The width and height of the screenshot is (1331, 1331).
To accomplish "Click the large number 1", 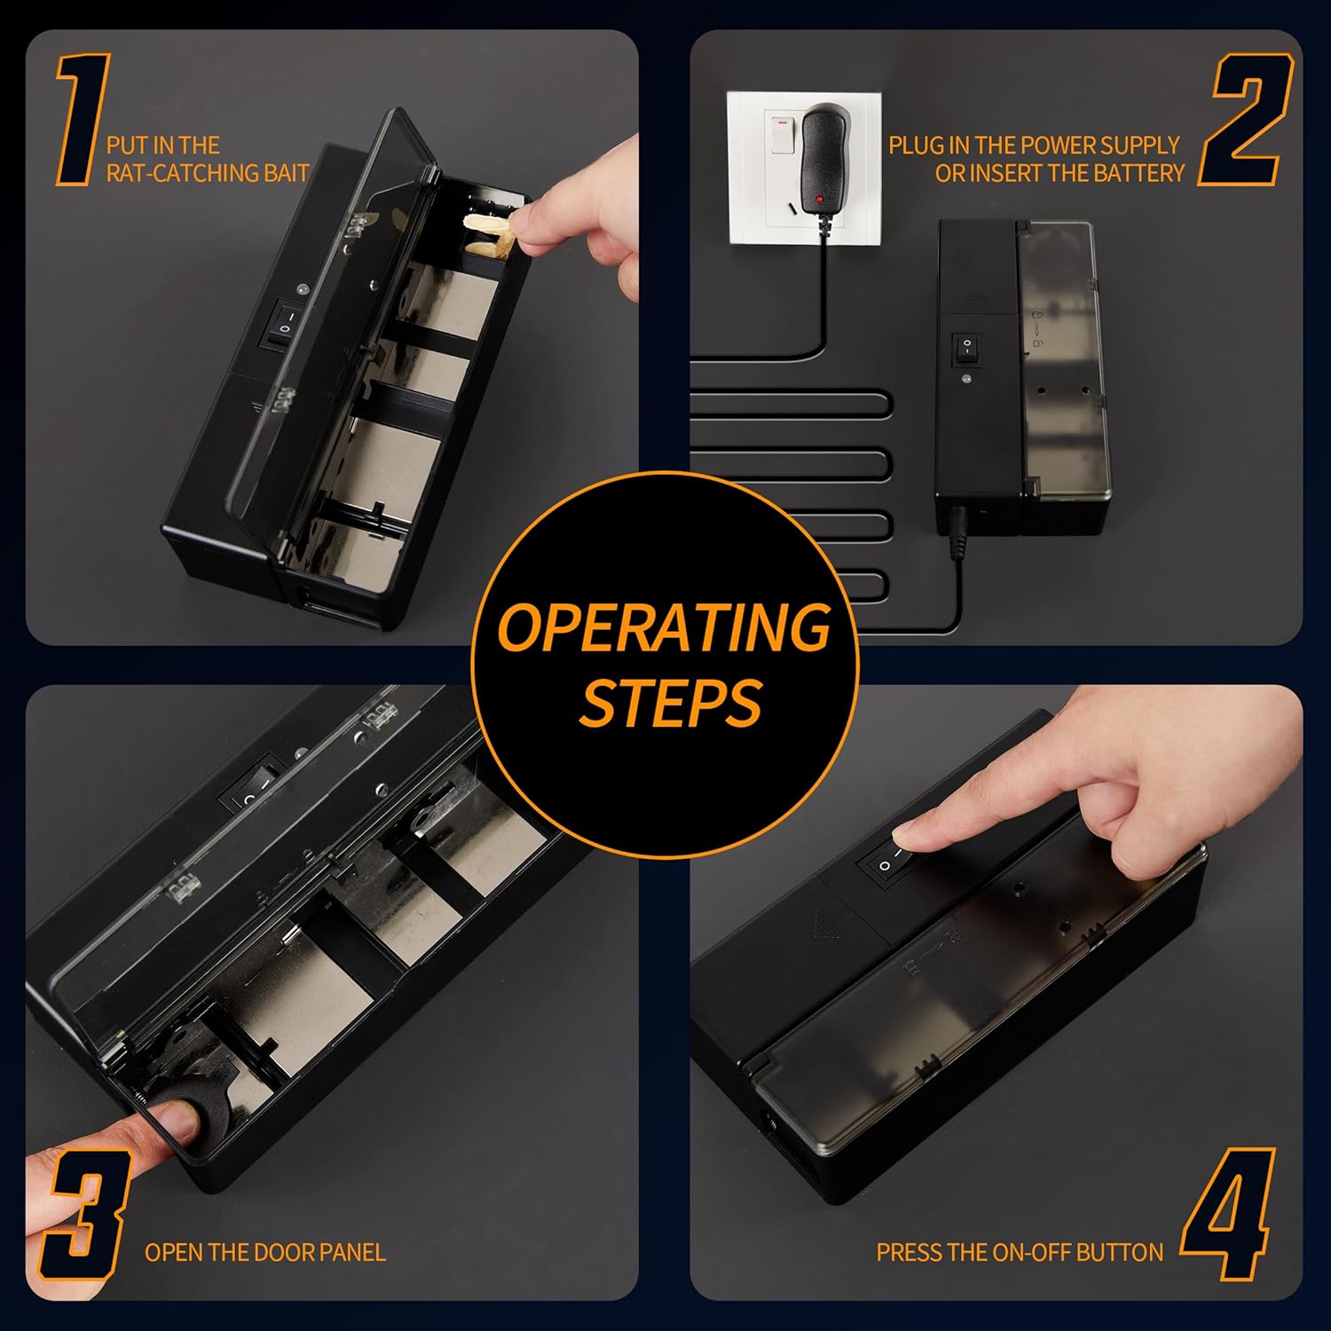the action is pyautogui.click(x=84, y=120).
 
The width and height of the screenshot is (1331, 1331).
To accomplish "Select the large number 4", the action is pyautogui.click(x=1228, y=1215).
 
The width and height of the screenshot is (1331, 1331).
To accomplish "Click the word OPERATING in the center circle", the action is pyautogui.click(x=665, y=627).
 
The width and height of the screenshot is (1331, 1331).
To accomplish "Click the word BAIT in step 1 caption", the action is pyautogui.click(x=286, y=173).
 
